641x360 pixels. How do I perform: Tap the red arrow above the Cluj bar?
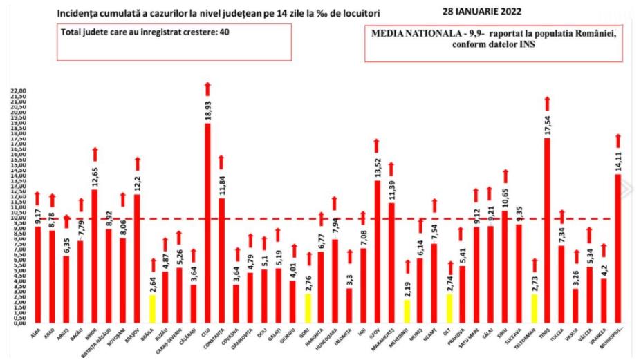pyautogui.click(x=207, y=88)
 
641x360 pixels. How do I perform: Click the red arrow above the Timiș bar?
pyautogui.click(x=546, y=103)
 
